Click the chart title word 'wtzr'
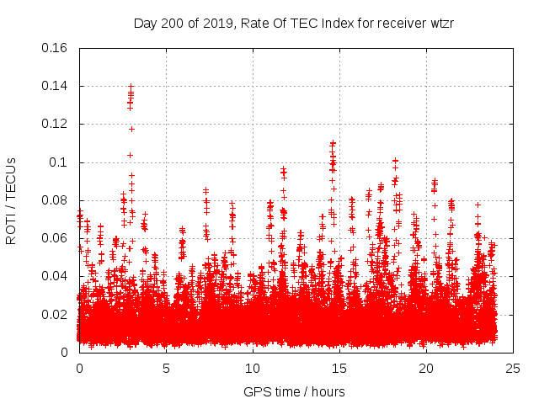[440, 23]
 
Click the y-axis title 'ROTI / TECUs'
[11, 200]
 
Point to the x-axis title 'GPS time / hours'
[293, 391]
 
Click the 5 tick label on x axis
[166, 368]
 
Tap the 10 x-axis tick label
[253, 368]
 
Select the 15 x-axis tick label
[339, 368]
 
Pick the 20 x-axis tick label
[426, 368]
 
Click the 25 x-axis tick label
[513, 368]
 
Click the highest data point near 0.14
[131, 86]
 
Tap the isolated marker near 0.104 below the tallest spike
[131, 155]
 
